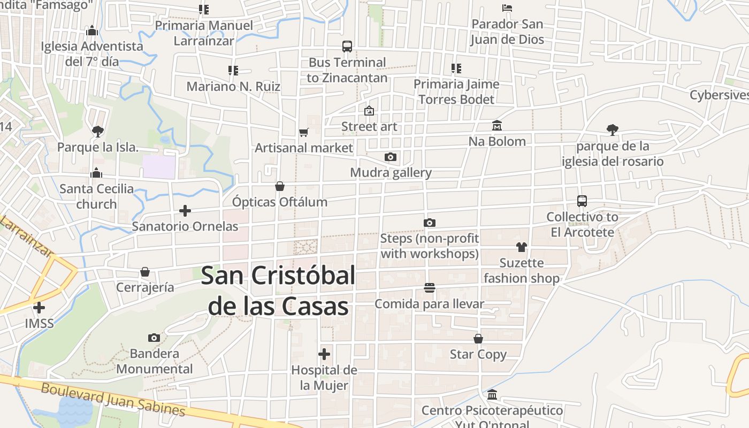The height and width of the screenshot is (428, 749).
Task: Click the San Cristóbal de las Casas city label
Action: (x=278, y=292)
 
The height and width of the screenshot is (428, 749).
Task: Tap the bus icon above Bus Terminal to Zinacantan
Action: (x=347, y=47)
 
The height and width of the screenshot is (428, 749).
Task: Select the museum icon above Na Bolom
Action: (x=497, y=125)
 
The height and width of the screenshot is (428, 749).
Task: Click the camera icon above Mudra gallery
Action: (x=391, y=157)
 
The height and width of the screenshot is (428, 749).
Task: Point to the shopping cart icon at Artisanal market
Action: (x=303, y=132)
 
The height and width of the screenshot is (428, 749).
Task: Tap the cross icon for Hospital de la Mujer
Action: (x=324, y=354)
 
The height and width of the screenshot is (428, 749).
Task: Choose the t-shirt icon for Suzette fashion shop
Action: (x=522, y=247)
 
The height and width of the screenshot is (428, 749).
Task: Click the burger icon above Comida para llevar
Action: (x=429, y=288)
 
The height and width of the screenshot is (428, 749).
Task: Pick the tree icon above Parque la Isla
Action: (x=97, y=131)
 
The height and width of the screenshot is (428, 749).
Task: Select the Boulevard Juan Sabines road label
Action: (x=113, y=399)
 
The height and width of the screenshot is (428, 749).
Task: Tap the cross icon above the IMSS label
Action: (x=39, y=308)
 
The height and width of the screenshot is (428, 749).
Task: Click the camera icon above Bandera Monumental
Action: (x=154, y=338)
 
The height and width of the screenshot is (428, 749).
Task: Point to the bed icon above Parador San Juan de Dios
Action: (x=507, y=8)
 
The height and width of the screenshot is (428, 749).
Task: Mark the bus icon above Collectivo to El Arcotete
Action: (x=582, y=201)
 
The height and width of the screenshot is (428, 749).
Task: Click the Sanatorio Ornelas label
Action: (x=185, y=226)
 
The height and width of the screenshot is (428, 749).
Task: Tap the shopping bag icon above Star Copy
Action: (x=478, y=339)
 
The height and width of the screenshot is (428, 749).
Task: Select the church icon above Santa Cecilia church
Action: (x=96, y=173)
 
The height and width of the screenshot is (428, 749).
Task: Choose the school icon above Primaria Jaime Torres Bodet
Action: (x=456, y=68)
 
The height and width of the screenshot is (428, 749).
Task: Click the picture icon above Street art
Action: (x=369, y=111)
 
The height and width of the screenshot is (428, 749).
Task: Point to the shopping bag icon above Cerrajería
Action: (x=145, y=272)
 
